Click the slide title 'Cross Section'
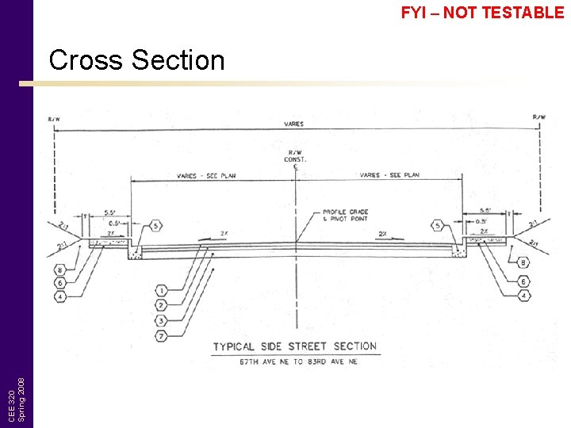tap(136, 60)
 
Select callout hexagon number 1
tap(161, 290)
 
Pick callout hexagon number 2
tap(161, 304)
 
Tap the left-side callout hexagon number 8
tap(60, 269)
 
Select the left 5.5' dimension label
tap(112, 212)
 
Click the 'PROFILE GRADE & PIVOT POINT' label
tap(345, 215)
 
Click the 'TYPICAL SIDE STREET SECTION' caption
tap(294, 346)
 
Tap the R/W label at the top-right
tap(538, 117)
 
